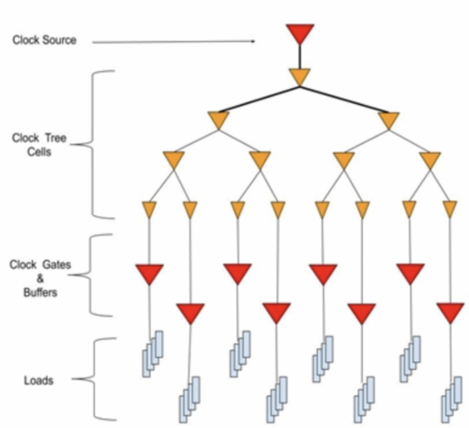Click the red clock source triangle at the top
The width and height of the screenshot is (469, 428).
click(x=300, y=34)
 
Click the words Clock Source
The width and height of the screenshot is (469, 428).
click(x=44, y=40)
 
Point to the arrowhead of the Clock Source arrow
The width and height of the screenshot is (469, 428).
click(x=253, y=41)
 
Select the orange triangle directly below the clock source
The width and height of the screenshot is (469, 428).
click(x=299, y=77)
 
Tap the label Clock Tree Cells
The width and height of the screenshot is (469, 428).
click(x=39, y=144)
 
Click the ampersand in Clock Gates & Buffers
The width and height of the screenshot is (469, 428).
click(x=40, y=278)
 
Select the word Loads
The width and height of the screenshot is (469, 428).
click(x=38, y=380)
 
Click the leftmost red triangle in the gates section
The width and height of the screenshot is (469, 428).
click(x=149, y=273)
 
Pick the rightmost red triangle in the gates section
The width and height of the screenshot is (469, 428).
click(x=450, y=313)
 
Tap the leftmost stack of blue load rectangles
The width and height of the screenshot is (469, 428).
click(x=153, y=354)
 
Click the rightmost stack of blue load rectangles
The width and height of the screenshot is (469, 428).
click(x=452, y=400)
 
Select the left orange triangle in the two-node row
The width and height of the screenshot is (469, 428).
click(x=219, y=121)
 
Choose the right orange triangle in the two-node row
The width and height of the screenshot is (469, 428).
click(x=388, y=121)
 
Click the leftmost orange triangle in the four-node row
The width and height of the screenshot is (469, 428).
click(x=174, y=160)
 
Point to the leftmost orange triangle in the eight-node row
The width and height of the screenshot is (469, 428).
click(x=149, y=210)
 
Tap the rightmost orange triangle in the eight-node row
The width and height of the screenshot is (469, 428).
click(x=449, y=209)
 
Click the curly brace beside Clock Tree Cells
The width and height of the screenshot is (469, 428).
click(x=93, y=144)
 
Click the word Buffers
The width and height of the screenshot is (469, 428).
click(x=40, y=292)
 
